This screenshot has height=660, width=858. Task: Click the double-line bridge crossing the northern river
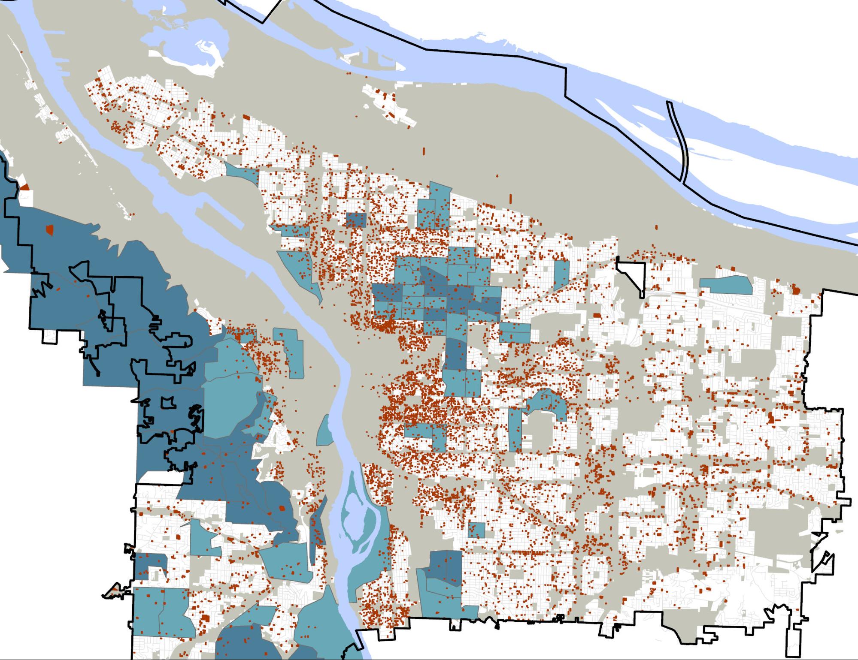tap(678, 142)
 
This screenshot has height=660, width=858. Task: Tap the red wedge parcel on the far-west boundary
tap(25, 187)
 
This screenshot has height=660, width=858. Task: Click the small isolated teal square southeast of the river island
tap(476, 530)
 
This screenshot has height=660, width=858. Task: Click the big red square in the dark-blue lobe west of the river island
tap(282, 508)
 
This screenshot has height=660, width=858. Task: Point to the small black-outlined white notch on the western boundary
tap(50, 337)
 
